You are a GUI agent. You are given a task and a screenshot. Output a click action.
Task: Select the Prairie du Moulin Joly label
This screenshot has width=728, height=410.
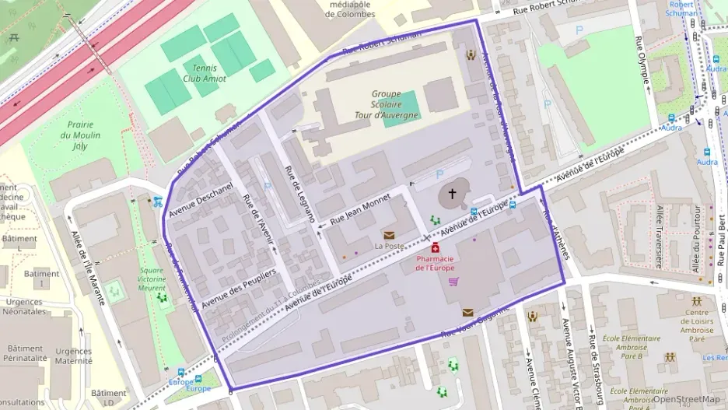click(x=80, y=135)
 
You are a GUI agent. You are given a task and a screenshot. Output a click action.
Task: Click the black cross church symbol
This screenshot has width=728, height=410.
click(x=452, y=194)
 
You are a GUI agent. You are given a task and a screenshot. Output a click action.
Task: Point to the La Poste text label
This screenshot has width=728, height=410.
click(x=389, y=246)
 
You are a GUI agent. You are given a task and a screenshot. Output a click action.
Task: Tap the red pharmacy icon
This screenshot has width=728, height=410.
click(x=436, y=247)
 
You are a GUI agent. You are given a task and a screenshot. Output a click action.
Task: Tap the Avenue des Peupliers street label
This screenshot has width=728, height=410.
click(x=239, y=289)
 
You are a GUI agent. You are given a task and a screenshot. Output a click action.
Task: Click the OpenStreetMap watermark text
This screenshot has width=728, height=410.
click(x=686, y=399)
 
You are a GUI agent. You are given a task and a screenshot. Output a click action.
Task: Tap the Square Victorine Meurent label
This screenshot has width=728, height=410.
click(x=151, y=279)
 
